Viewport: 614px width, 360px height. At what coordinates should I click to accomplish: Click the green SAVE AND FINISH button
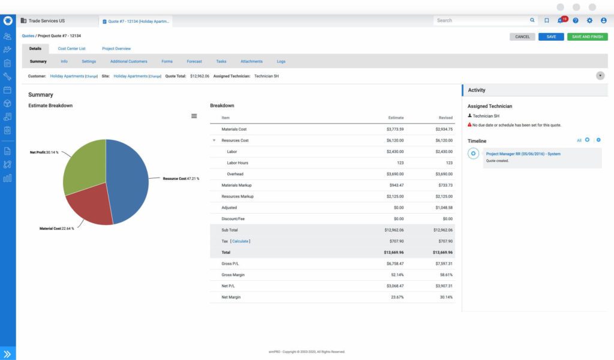point(588,37)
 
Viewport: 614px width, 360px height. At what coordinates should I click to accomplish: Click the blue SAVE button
point(551,37)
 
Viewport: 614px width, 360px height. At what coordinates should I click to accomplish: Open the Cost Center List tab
point(71,49)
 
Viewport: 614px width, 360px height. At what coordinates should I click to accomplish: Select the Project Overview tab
point(116,49)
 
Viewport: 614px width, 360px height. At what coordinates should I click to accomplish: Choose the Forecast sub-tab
point(194,61)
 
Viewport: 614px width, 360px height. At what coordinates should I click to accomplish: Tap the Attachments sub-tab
point(251,61)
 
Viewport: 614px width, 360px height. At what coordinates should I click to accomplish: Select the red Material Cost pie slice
point(90,207)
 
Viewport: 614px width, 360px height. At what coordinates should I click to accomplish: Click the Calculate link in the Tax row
point(240,241)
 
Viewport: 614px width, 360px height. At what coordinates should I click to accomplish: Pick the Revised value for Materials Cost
point(444,129)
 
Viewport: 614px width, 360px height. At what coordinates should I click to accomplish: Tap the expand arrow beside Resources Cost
point(214,140)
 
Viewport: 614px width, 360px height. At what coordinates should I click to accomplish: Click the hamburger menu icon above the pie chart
point(194,116)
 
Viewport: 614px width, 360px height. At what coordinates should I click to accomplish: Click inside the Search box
point(480,20)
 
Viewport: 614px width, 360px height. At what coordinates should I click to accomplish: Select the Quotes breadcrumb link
point(28,36)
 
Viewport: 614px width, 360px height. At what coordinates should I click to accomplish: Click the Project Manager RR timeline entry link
point(523,154)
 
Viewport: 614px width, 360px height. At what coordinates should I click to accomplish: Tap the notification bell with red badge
point(560,20)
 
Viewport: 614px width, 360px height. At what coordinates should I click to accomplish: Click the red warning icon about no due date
point(470,125)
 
